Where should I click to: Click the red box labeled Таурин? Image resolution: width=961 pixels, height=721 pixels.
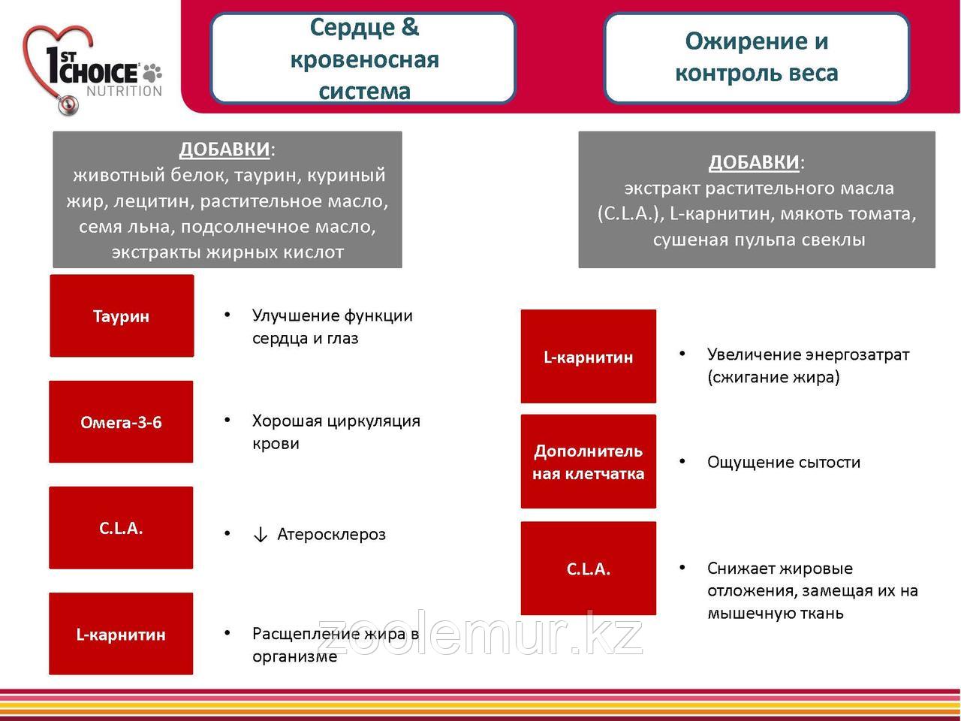click(122, 315)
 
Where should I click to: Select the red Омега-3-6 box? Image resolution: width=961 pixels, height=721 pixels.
click(121, 422)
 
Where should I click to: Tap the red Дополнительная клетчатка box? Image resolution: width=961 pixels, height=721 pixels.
click(588, 461)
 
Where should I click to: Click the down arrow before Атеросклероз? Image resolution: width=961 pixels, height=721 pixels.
click(261, 535)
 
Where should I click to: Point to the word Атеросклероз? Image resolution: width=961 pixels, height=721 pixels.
click(331, 535)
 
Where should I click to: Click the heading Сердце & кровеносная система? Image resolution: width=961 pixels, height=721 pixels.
click(364, 59)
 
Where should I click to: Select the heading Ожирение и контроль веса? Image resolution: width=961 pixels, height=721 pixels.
click(756, 57)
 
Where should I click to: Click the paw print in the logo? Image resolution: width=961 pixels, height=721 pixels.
click(152, 72)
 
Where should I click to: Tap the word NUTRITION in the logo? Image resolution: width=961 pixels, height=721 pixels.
click(124, 91)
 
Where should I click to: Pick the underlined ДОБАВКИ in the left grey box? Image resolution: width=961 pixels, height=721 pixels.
click(224, 149)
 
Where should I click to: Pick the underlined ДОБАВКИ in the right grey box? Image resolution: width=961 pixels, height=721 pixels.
click(754, 162)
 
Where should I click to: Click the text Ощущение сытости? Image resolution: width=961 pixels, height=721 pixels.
click(783, 462)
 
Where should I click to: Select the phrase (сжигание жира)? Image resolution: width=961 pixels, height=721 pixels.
click(773, 377)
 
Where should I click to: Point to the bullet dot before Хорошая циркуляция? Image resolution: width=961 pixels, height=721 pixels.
click(227, 420)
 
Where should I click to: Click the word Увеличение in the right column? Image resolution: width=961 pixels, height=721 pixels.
click(753, 354)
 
